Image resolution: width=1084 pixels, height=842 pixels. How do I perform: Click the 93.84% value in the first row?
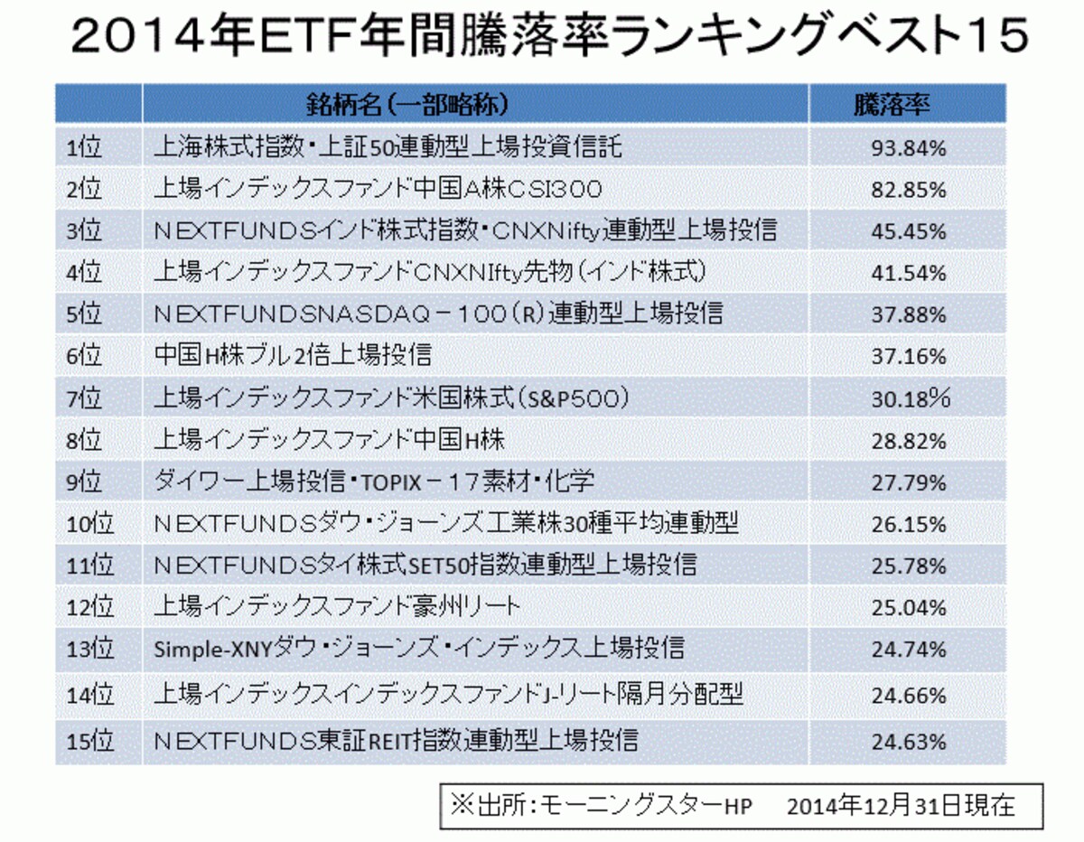point(909,148)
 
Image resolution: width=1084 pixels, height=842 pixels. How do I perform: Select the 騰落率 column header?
point(892,105)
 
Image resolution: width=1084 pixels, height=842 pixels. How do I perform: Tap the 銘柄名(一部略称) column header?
point(407,105)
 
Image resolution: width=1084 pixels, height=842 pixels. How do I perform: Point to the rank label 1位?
point(84,147)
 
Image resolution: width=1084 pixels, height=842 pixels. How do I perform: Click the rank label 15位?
point(89,741)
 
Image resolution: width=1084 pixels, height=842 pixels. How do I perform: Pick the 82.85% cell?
point(909,190)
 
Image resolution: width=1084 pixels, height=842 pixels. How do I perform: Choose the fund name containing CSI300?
point(378,189)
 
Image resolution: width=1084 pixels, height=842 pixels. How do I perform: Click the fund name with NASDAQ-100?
point(438,313)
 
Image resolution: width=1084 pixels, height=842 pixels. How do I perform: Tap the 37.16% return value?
point(909,357)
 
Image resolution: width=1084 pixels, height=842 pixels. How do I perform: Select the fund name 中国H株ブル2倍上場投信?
point(293,355)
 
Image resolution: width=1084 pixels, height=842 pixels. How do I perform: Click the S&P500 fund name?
point(392,398)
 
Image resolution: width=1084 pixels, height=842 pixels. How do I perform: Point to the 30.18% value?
point(911,398)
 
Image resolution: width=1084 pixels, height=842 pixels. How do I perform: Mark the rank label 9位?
point(84,482)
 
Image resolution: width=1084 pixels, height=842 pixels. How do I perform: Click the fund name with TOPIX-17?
point(374,482)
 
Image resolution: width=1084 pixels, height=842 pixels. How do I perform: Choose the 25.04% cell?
point(909,607)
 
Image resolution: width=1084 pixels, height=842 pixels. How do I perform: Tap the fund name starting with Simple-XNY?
point(419,649)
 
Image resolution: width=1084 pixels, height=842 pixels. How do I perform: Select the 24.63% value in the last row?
point(909,742)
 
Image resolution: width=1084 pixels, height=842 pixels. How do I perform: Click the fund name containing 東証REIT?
point(396,741)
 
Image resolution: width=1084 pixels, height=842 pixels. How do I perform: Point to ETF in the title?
point(308,36)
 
